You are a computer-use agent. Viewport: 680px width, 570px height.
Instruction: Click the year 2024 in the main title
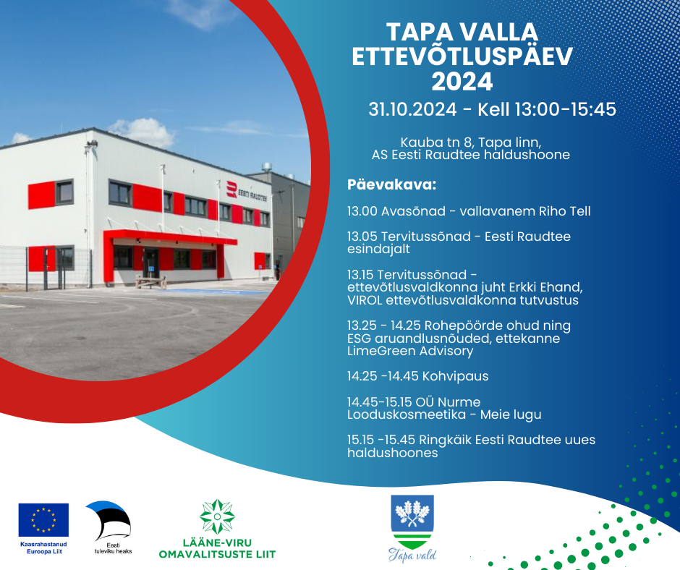pos(462,82)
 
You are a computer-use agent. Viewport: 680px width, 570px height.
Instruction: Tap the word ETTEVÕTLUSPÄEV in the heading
pos(462,56)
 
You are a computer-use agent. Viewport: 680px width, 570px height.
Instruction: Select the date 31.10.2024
pos(412,109)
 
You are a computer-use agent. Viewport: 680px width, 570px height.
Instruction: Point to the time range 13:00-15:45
pos(565,109)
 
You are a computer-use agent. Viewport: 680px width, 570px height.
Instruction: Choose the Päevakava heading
pos(391,184)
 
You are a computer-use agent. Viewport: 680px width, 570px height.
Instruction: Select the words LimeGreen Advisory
pos(410,351)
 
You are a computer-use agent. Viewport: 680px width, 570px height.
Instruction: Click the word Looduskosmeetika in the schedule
pos(407,414)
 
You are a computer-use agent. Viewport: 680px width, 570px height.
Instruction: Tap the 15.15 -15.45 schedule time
pos(381,440)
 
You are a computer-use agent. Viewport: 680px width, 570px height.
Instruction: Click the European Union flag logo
pos(43,519)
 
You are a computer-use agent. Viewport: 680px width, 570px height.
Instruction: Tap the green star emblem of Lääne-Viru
pos(217,516)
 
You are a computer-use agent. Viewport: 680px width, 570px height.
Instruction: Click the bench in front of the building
pos(150,282)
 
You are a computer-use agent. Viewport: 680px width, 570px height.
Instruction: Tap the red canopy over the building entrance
pos(170,237)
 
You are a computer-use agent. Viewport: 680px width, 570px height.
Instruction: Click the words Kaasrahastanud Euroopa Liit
pos(43,548)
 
